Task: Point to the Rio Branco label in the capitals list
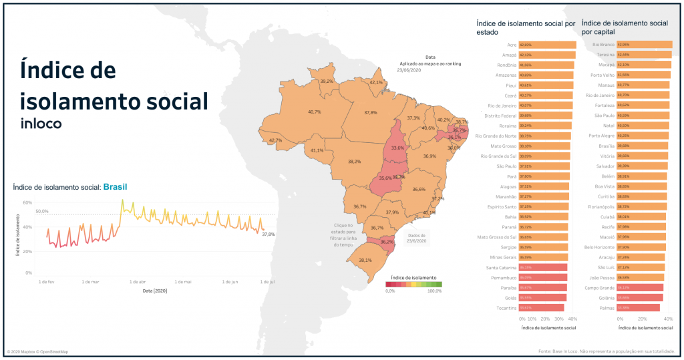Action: coord(604,45)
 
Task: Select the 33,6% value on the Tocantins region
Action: coord(398,148)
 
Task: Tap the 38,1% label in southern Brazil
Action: coord(365,260)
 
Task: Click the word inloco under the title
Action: coord(41,124)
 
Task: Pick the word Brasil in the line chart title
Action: coord(115,187)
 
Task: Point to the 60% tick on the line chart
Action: coord(27,202)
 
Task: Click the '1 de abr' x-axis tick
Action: coord(138,282)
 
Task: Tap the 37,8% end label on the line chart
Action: coord(269,234)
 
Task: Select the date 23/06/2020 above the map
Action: coord(407,69)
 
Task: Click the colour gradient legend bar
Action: coord(413,284)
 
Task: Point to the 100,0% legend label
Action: coord(434,291)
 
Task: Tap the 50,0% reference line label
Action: coord(41,211)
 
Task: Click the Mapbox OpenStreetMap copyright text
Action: coord(37,351)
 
